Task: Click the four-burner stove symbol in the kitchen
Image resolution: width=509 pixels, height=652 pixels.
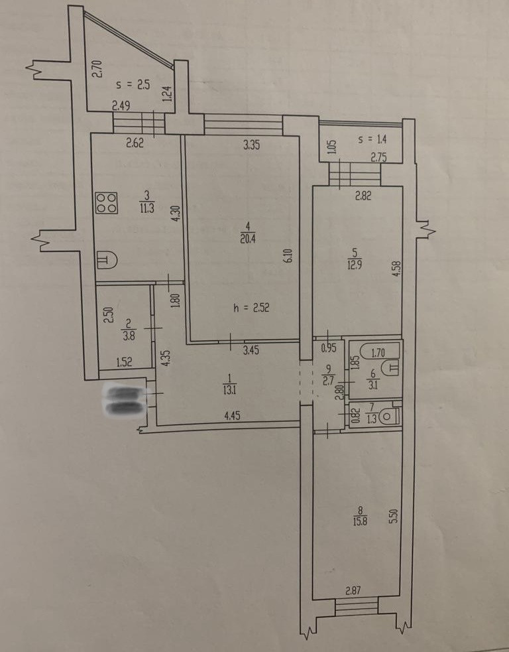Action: click(106, 203)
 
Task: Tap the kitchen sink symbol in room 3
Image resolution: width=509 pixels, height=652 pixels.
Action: click(107, 259)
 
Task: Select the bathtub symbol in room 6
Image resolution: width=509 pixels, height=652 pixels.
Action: click(376, 364)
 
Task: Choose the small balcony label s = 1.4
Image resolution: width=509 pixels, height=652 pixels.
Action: click(372, 140)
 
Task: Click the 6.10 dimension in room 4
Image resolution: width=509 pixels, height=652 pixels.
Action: click(288, 255)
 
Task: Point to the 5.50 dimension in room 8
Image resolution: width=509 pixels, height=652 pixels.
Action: click(393, 517)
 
